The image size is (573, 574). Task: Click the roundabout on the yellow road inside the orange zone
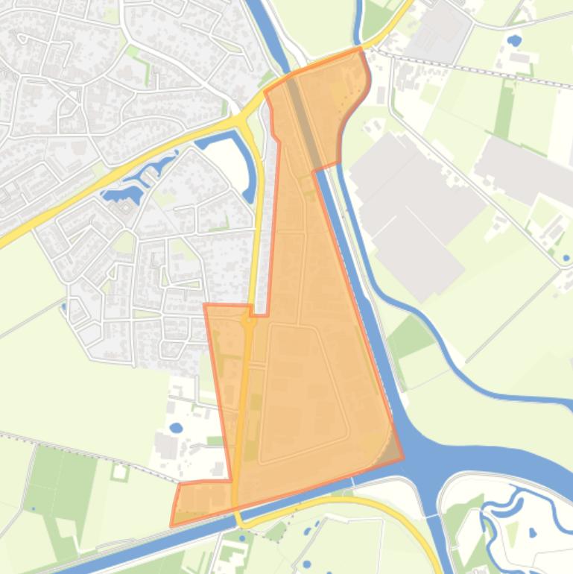click(247, 322)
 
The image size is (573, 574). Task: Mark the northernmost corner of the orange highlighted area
click(360, 49)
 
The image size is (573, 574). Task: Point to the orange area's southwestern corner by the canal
click(172, 525)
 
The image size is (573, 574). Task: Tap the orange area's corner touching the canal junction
click(402, 458)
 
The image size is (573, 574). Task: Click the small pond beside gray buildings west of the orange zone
click(176, 428)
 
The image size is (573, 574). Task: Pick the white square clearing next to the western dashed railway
click(119, 471)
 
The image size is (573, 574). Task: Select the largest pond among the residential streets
click(124, 195)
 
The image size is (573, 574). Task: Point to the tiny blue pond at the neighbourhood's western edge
click(63, 305)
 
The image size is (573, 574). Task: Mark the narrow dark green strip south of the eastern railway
click(504, 112)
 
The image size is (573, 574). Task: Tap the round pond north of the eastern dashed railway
click(513, 40)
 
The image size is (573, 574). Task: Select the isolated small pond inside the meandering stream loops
click(532, 533)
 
